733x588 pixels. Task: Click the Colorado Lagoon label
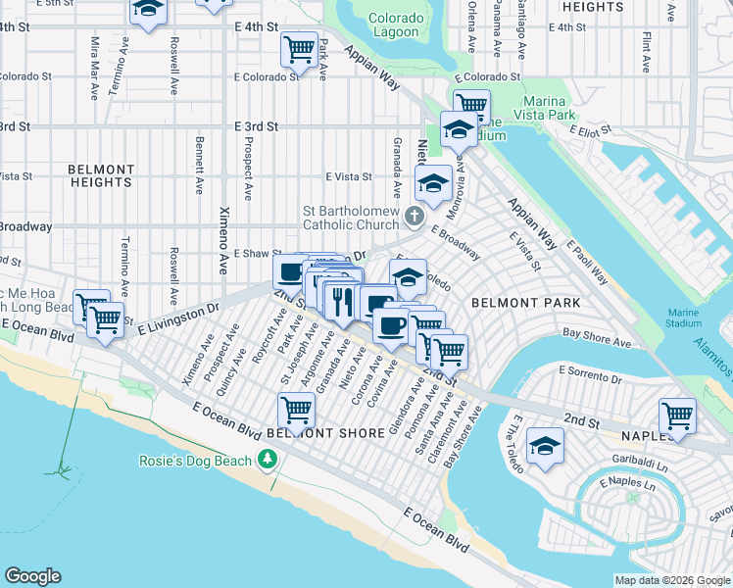pos(397,26)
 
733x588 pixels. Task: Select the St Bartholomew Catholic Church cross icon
pos(415,215)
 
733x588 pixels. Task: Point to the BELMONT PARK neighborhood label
pos(525,304)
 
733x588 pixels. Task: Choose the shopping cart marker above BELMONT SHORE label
pos(296,407)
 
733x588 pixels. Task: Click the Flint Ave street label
pos(647,52)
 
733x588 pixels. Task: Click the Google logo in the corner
pos(32,576)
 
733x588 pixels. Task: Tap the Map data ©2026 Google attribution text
pos(672,580)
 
